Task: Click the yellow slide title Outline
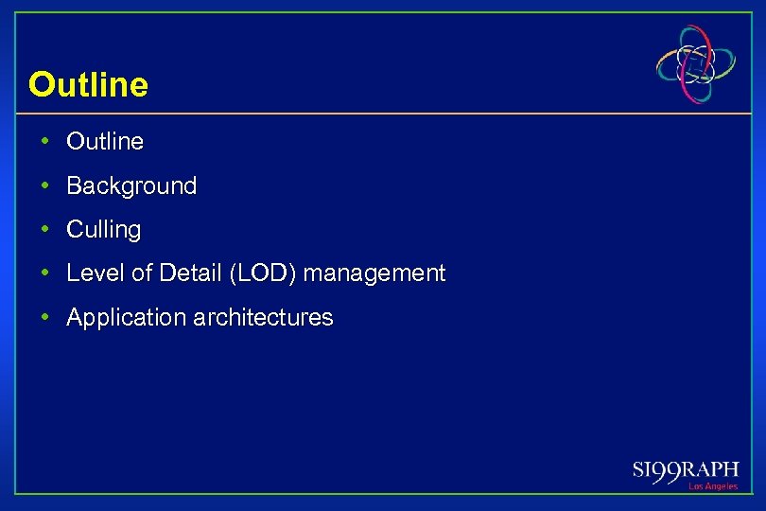[x=88, y=85]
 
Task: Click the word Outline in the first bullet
[x=105, y=142]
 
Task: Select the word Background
[x=131, y=186]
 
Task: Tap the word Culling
[x=103, y=230]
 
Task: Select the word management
[x=374, y=274]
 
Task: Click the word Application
[x=126, y=318]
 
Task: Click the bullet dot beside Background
[x=45, y=185]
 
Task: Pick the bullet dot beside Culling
[x=45, y=229]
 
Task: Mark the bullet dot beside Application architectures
[x=45, y=317]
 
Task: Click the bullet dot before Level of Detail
[x=45, y=273]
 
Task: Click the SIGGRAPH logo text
[x=685, y=471]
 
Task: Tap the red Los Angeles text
[x=712, y=486]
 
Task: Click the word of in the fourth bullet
[x=141, y=273]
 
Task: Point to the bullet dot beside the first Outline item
[x=45, y=142]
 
